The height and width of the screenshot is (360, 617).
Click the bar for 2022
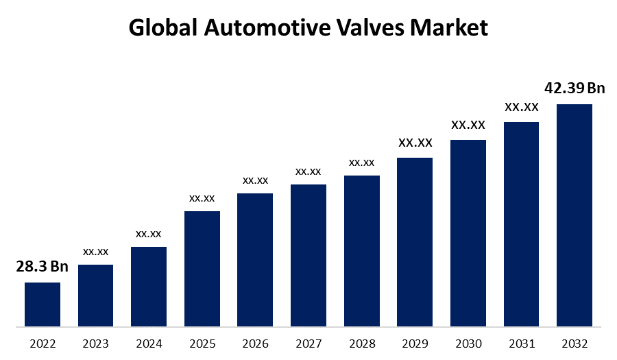(43, 304)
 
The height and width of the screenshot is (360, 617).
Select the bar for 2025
(202, 268)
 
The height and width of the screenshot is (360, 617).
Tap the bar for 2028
(362, 250)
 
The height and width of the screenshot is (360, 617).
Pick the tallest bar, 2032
(574, 215)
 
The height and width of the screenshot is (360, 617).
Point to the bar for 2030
(468, 232)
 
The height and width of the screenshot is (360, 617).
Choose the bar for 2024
(149, 286)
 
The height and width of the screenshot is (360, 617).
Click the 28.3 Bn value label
(43, 267)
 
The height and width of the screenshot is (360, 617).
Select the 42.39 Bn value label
(574, 88)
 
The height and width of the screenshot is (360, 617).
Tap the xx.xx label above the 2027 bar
(308, 171)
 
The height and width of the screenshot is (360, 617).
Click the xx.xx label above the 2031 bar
(522, 107)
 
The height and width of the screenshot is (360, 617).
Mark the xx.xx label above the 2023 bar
(96, 252)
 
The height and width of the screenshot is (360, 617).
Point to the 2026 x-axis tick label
(256, 343)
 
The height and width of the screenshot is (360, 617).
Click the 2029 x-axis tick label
(415, 343)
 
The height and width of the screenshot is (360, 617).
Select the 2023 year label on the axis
(96, 343)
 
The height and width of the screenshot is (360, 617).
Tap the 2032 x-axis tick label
(574, 343)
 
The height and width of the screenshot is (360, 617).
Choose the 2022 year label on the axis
(43, 343)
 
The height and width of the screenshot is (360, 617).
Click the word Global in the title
(162, 28)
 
